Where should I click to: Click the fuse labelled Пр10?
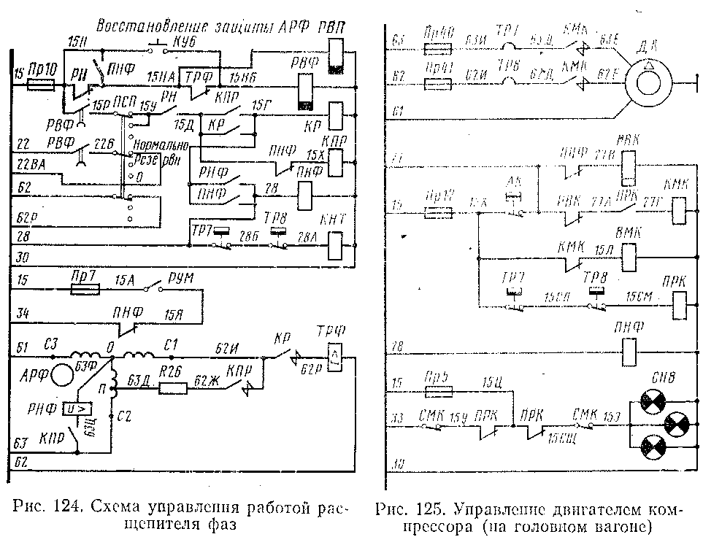tap(39, 85)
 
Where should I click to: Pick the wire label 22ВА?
tap(29, 167)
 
